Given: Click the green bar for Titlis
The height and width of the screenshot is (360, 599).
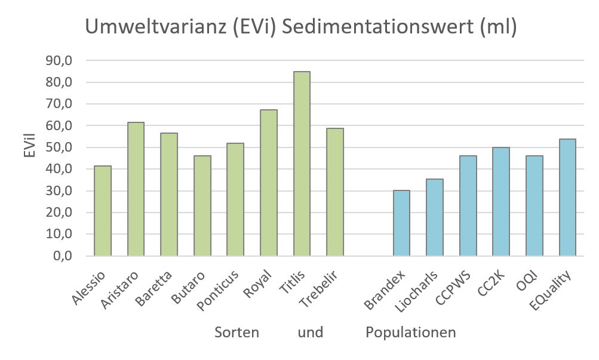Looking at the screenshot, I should pos(302,164).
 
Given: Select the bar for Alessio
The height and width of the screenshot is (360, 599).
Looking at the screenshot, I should pos(103,211).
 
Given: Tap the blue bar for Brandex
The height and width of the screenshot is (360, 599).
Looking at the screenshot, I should pos(401,223).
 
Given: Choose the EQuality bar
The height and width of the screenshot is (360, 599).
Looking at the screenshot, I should pos(567,197).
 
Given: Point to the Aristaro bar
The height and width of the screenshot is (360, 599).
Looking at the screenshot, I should pos(136,189).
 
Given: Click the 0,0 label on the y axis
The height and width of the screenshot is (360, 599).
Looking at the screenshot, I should pos(62,256).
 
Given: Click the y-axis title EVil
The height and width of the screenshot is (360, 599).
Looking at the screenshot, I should pos(28,147).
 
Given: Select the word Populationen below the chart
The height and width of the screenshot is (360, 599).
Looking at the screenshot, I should pos(411,333).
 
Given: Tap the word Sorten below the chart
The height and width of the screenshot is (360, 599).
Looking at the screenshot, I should pos(237,333).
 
